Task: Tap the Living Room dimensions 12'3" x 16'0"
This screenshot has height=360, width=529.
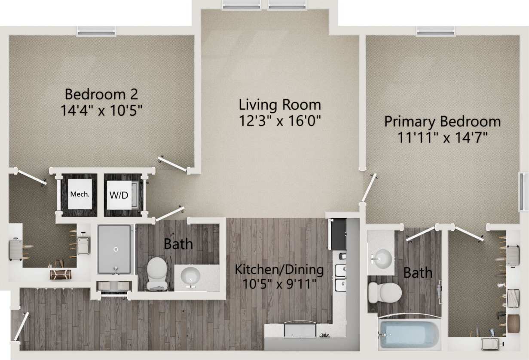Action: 280,121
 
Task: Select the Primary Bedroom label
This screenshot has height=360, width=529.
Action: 442,121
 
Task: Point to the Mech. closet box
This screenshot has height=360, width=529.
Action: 80,194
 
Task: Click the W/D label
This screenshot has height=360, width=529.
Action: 119,195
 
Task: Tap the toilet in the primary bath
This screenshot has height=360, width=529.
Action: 384,292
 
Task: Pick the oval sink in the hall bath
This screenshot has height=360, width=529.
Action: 190,276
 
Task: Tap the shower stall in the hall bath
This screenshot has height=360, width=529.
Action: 114,249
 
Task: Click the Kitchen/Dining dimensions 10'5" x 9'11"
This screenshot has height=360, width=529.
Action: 279,284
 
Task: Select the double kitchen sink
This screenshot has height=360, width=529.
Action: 340,277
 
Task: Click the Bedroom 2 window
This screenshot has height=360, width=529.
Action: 96,31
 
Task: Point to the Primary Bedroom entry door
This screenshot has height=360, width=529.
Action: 369,188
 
